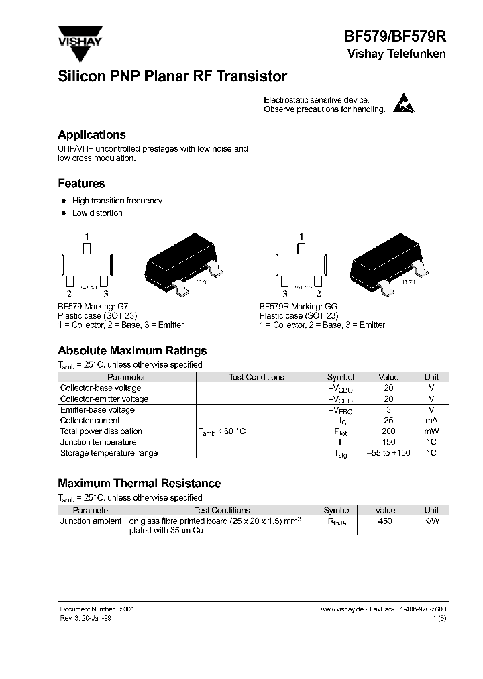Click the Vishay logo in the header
tap(79, 39)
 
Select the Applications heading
tap(92, 135)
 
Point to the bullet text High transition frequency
tap(117, 201)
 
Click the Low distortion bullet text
tap(97, 213)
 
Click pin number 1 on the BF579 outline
tap(86, 236)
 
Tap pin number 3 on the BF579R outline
tap(285, 293)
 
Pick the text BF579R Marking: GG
tap(299, 306)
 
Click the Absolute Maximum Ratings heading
tap(132, 350)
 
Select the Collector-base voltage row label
tap(101, 388)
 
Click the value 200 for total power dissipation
tap(388, 431)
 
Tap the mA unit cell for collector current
tap(431, 421)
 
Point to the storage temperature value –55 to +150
tap(388, 453)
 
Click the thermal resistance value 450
tap(385, 521)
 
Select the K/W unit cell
tap(431, 521)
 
